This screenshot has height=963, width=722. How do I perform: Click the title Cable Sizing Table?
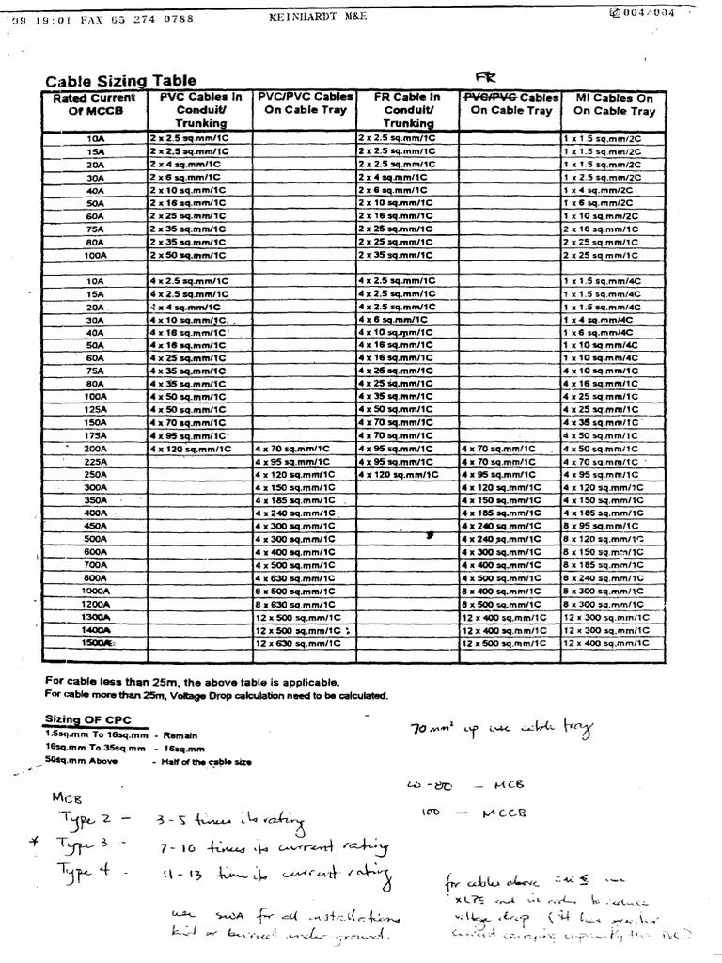[121, 81]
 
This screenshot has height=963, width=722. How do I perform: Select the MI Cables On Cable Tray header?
[614, 103]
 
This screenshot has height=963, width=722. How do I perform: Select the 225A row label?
[95, 462]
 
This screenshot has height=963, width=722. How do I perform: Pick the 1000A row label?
[95, 591]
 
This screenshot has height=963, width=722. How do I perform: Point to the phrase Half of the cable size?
[204, 761]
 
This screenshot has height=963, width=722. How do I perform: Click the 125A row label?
[95, 410]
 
